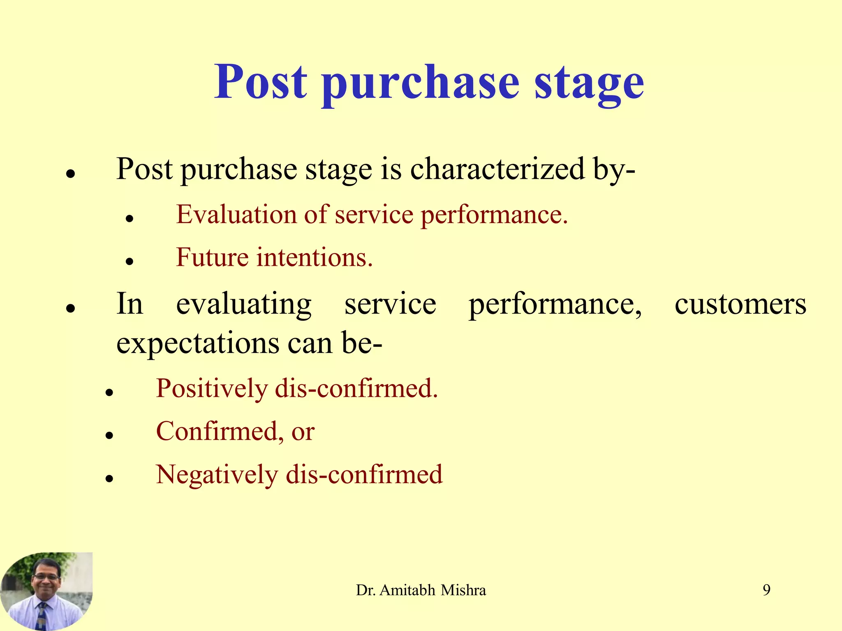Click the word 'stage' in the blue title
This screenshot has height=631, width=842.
point(589,82)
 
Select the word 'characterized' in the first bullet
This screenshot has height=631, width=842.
point(497,169)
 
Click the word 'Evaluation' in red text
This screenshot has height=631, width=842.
point(236,215)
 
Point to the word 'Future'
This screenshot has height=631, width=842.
point(212,258)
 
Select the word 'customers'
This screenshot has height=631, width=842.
point(740,305)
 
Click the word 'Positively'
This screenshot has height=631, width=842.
point(212,389)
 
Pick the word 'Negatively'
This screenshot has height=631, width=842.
point(217,475)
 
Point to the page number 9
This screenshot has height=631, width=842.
point(766,590)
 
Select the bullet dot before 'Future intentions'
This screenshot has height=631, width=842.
point(130,261)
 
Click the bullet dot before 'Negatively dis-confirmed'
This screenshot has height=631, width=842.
point(109,478)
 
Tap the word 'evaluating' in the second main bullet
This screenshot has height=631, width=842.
point(243,305)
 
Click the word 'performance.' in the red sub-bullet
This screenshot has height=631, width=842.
point(494,215)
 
